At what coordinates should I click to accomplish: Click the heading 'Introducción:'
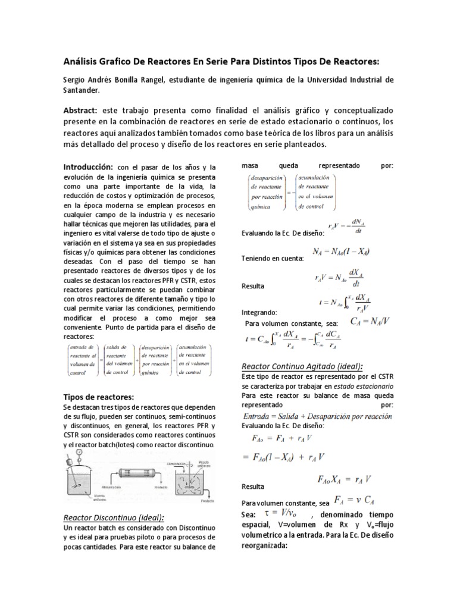coord(87,167)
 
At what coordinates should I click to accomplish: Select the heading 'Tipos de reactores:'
coord(98,397)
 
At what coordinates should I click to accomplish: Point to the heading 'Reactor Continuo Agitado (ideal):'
coord(302,366)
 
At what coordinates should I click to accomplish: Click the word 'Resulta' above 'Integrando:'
coord(252,286)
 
